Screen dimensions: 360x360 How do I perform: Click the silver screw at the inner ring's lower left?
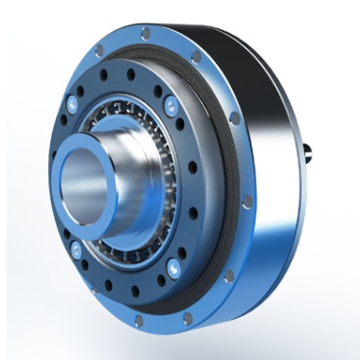pos(76,249)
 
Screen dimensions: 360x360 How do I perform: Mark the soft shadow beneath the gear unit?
pos(218,332)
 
